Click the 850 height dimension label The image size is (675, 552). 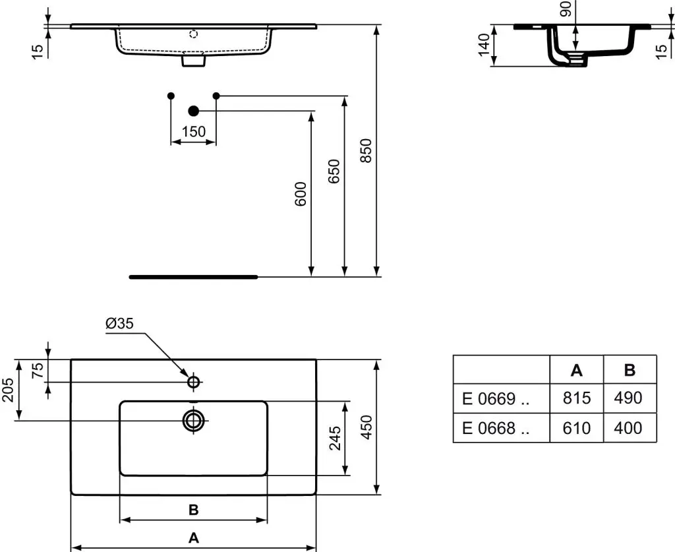point(367,150)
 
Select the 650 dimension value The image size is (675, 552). point(334,171)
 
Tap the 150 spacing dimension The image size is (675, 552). point(193,132)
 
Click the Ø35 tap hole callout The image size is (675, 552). point(119,323)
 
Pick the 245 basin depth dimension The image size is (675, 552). point(335,438)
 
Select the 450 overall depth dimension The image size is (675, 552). point(367,427)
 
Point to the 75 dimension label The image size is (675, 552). point(38,370)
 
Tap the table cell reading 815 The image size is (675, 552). point(577,398)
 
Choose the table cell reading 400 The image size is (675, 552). point(628,428)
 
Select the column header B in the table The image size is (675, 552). point(630,370)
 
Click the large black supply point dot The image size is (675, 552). point(193,111)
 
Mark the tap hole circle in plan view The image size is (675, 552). point(194,382)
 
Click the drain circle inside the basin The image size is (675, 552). point(194,419)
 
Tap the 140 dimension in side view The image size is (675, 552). point(486,46)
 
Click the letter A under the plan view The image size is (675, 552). point(193,537)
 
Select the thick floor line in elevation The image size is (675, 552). point(193,277)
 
